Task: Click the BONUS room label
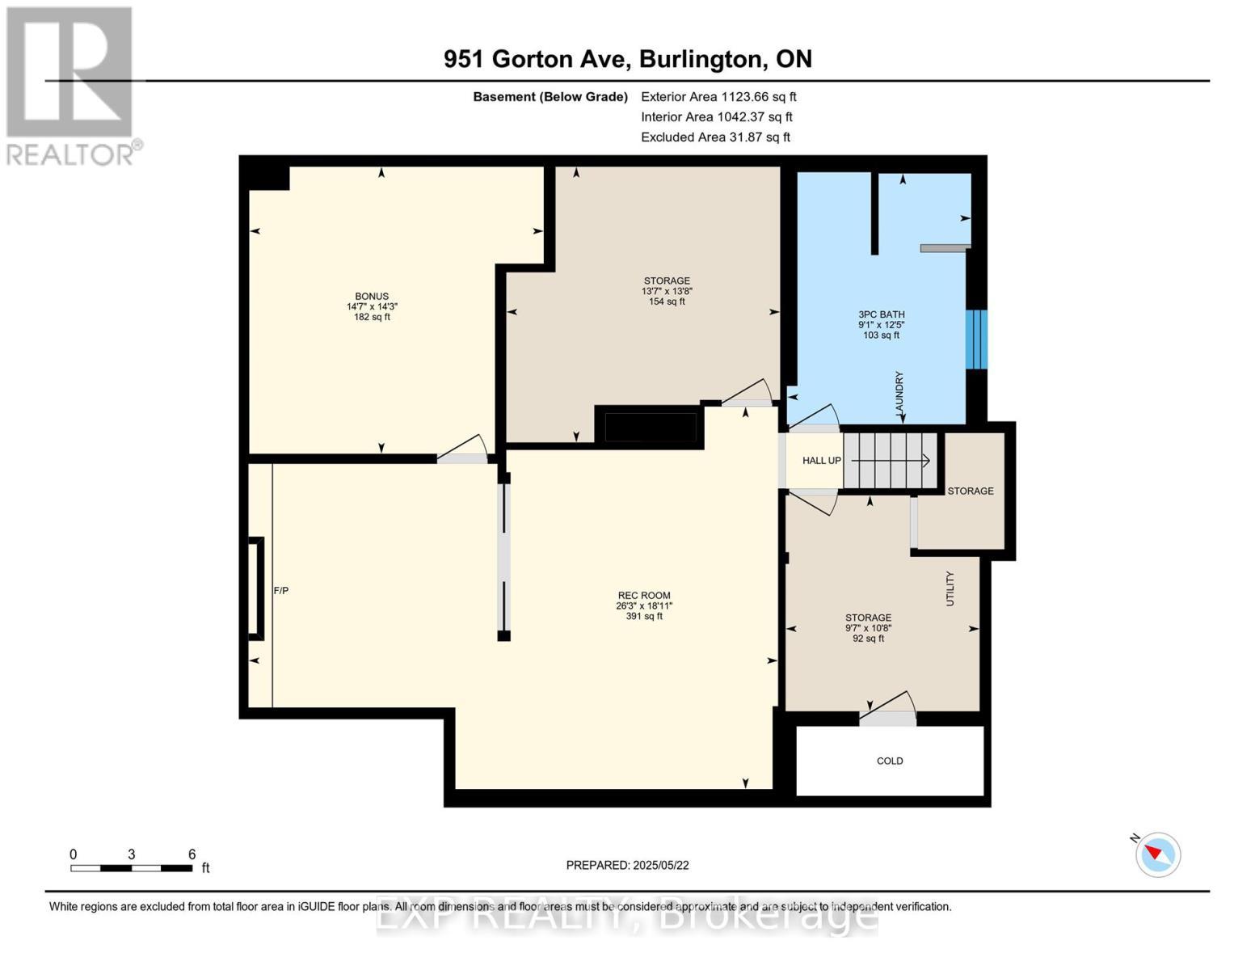click(372, 296)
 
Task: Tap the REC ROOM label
click(644, 595)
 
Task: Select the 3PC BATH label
click(882, 314)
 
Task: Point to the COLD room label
click(890, 761)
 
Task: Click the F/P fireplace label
click(280, 590)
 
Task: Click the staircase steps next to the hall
click(890, 461)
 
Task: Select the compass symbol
click(1158, 855)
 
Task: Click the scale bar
click(132, 868)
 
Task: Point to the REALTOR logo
click(71, 86)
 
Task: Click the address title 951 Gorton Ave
click(536, 59)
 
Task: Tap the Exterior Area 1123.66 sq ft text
click(718, 96)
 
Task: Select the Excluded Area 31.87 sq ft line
click(715, 137)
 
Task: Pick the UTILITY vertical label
click(950, 588)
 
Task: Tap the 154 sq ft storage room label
click(667, 301)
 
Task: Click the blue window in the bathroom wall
click(977, 339)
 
